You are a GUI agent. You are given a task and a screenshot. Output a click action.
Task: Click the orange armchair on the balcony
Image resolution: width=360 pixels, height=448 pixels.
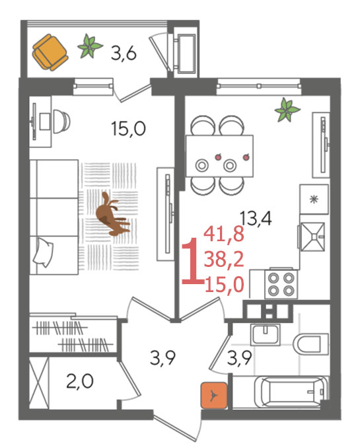[50, 52]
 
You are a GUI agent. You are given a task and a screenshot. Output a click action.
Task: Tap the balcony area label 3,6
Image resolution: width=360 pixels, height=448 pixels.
[124, 54]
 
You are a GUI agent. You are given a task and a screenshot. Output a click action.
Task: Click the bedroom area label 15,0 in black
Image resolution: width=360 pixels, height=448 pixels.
[129, 128]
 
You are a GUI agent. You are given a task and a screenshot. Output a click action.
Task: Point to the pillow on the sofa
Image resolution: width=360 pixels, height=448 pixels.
[43, 252]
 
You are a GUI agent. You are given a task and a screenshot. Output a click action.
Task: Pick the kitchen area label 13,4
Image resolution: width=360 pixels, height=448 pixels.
[256, 218]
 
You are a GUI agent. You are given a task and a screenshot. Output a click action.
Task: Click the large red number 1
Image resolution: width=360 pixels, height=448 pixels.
[192, 261]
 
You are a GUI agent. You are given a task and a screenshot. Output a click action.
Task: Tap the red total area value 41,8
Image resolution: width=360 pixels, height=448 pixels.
[224, 233]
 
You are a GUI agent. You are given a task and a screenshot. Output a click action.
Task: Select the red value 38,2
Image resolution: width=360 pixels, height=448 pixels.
[224, 260]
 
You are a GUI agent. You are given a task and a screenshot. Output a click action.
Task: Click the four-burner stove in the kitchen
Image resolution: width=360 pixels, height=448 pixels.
[281, 284]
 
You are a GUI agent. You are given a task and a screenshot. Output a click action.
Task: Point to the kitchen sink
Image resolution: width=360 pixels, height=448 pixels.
[312, 237]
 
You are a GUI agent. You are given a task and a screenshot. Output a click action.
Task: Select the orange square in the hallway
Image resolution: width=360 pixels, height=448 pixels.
[214, 395]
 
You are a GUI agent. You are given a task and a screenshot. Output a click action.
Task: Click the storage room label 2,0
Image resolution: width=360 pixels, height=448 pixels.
[80, 381]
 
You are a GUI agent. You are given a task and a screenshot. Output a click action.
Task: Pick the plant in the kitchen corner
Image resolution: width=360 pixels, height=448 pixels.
[287, 110]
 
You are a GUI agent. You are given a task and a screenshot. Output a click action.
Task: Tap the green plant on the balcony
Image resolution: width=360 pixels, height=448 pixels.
[90, 46]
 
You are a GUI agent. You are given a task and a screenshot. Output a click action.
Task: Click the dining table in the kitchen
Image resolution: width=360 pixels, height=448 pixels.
[219, 156]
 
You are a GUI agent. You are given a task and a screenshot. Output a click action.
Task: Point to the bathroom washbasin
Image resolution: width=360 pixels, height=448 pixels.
[266, 334]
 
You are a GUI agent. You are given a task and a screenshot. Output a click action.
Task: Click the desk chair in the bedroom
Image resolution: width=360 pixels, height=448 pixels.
[61, 121]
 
